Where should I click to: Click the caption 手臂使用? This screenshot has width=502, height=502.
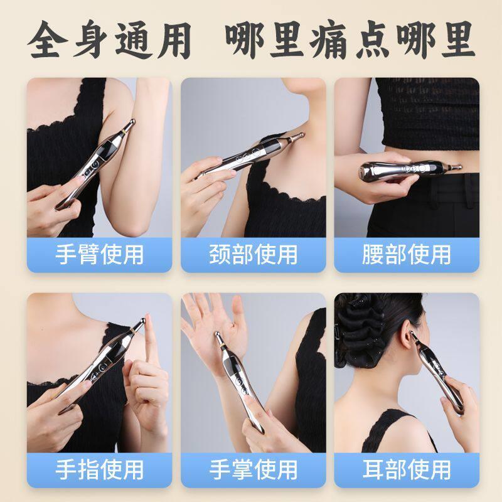(x=99, y=255)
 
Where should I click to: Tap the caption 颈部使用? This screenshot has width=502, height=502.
(x=254, y=255)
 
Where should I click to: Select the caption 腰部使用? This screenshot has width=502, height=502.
(x=407, y=255)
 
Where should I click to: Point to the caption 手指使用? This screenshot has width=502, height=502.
(x=99, y=470)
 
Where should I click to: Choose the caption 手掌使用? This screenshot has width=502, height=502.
(x=254, y=470)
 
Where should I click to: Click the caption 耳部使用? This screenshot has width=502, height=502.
(x=407, y=470)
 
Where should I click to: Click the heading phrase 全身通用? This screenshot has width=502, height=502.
(x=109, y=40)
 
